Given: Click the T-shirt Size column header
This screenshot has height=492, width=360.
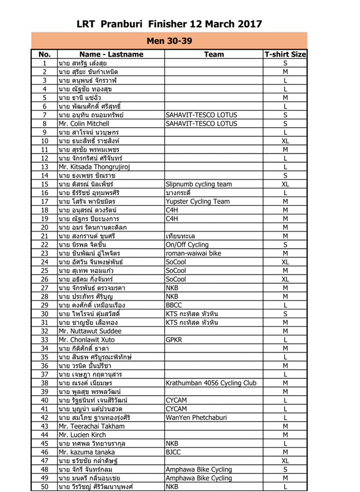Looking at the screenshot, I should [285, 54].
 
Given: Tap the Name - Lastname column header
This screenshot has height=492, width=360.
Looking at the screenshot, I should [111, 54].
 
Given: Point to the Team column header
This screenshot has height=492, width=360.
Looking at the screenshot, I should [213, 54].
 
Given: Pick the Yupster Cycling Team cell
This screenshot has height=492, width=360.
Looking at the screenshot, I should [198, 201].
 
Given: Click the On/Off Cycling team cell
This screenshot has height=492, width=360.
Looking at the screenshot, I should [187, 244].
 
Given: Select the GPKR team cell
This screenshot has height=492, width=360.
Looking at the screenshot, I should [175, 339].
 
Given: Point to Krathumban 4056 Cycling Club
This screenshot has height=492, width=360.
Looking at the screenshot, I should [211, 383].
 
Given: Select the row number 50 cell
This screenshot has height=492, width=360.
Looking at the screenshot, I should [45, 486].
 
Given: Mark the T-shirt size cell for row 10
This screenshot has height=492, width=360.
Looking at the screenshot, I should [285, 141].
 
